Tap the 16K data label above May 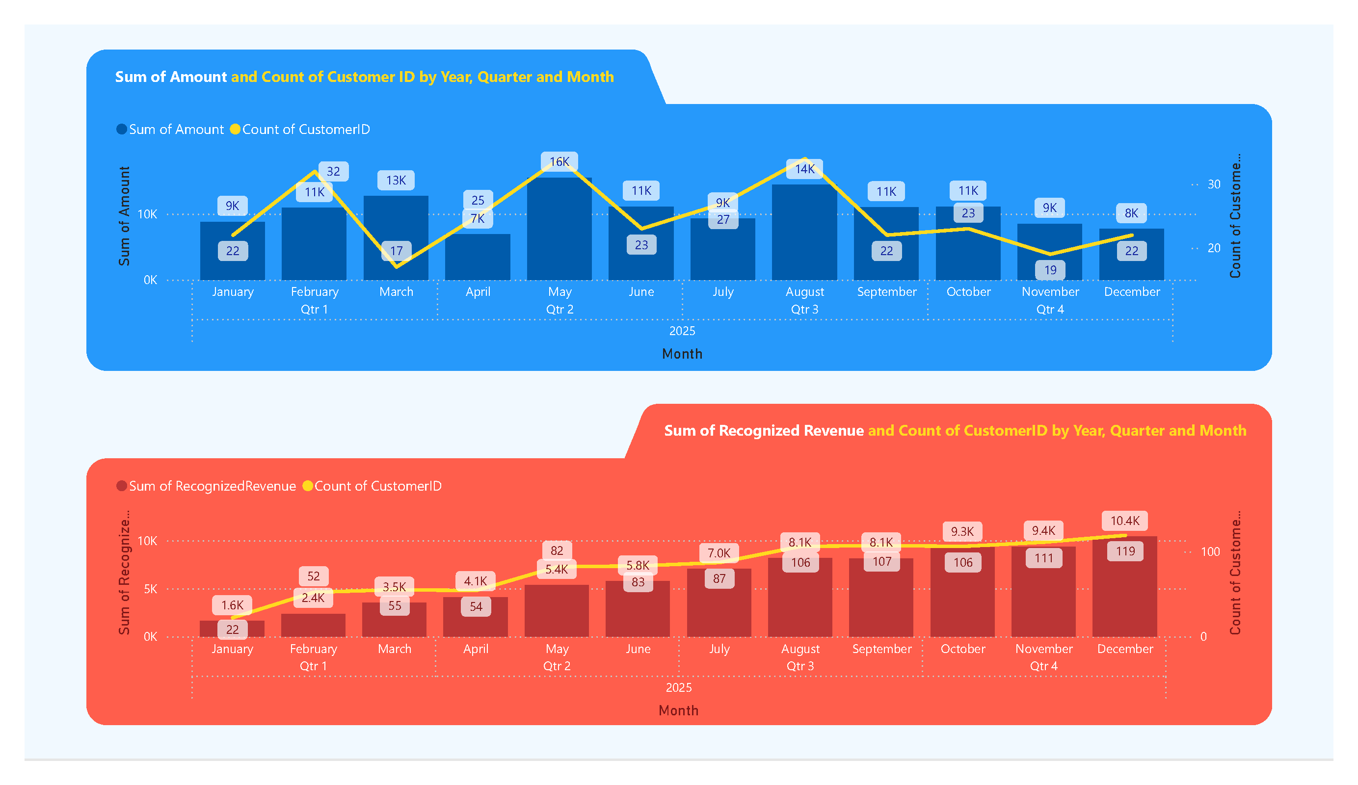[x=559, y=161]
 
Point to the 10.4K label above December [x=1125, y=521]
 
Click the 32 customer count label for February [x=333, y=171]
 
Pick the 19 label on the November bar [x=1050, y=269]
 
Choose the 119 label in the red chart [x=1125, y=551]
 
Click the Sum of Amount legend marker [x=122, y=130]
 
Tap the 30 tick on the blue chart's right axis [x=1214, y=184]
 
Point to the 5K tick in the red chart [x=150, y=589]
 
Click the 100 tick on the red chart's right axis [x=1210, y=552]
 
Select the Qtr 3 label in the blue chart [x=804, y=309]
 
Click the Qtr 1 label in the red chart [x=313, y=666]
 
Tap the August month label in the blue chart [x=804, y=291]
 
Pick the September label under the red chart [x=881, y=649]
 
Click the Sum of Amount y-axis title [x=125, y=215]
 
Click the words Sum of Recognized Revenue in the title [x=764, y=430]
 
